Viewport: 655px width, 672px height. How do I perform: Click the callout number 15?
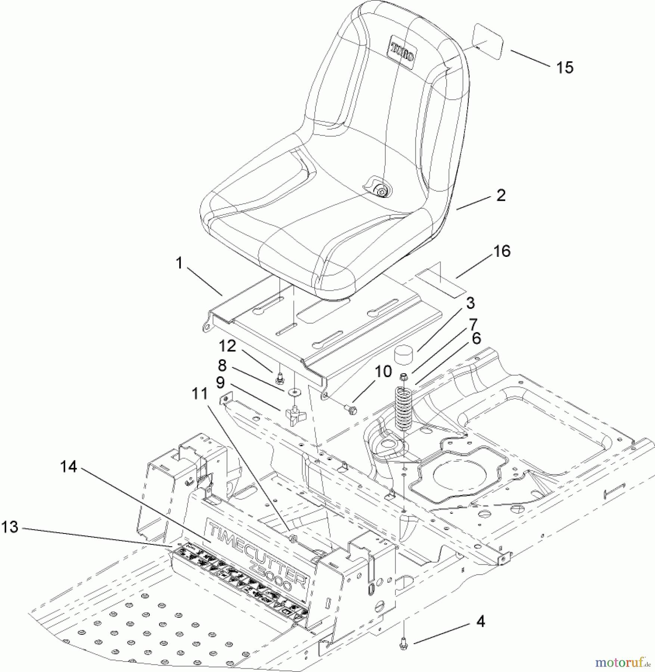tap(564, 68)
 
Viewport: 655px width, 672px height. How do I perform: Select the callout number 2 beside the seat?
tap(501, 195)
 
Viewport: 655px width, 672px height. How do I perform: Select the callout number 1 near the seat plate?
tap(179, 263)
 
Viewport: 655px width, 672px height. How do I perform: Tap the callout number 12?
tap(227, 346)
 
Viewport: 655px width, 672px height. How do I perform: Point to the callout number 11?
tap(199, 394)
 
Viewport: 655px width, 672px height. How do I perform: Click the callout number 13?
tap(10, 527)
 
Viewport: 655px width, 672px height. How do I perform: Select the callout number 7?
tap(474, 324)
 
